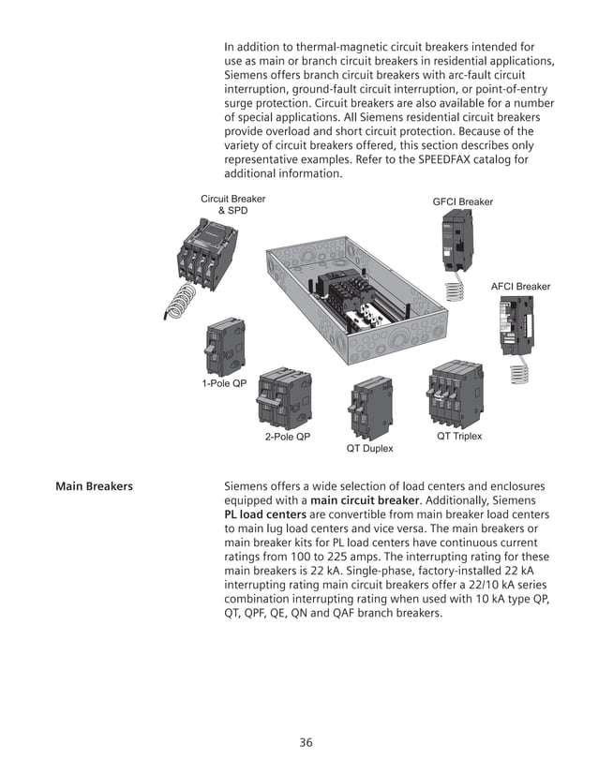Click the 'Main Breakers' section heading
click(x=94, y=486)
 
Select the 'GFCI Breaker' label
click(x=462, y=202)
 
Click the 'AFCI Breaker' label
click(x=520, y=286)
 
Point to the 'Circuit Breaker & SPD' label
click(x=233, y=205)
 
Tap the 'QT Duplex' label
click(x=370, y=449)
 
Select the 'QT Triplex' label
click(x=459, y=438)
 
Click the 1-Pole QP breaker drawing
click(x=225, y=345)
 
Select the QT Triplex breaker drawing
click(x=456, y=395)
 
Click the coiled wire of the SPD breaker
click(x=180, y=301)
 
